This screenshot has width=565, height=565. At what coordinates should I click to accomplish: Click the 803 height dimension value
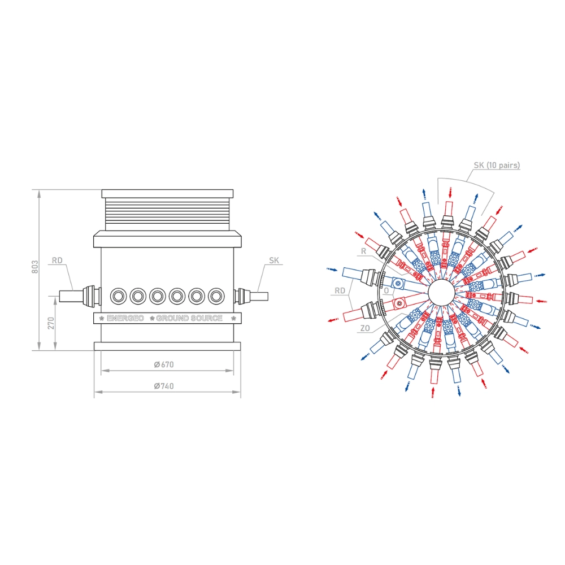click(x=34, y=267)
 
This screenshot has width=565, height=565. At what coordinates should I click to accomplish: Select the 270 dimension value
click(x=51, y=323)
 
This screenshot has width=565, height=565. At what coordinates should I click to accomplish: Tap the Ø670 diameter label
click(x=164, y=364)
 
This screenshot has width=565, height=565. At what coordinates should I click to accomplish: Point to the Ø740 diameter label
click(x=164, y=386)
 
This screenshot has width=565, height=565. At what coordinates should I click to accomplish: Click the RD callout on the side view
click(x=57, y=260)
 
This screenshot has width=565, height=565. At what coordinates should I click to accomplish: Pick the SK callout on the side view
click(x=274, y=260)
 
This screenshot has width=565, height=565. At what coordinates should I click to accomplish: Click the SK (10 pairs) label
click(x=497, y=166)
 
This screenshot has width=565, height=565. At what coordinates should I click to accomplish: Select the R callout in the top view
click(x=363, y=251)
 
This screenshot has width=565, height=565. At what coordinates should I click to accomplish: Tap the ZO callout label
click(x=365, y=328)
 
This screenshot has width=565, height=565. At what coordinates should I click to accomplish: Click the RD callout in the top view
click(x=340, y=290)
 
